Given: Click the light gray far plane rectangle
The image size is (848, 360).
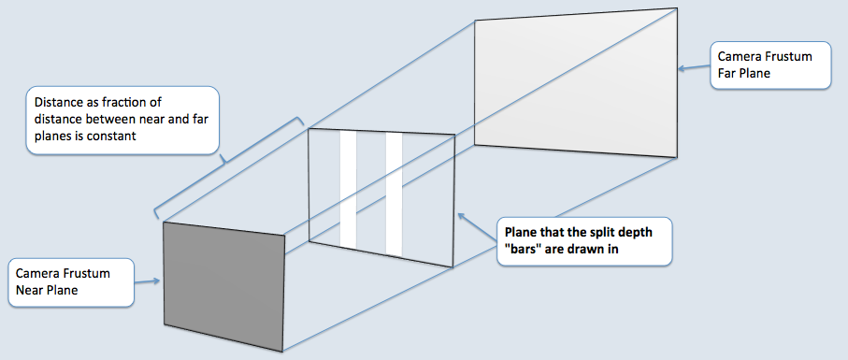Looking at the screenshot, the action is [x=575, y=82].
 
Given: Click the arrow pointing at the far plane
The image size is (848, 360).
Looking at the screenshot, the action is [x=692, y=67].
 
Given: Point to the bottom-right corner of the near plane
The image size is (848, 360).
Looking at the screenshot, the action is [x=283, y=352].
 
